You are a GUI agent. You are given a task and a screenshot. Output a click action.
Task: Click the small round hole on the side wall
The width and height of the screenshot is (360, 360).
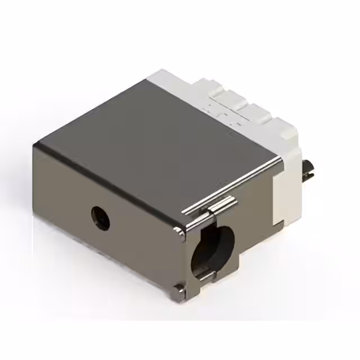tap(101, 217)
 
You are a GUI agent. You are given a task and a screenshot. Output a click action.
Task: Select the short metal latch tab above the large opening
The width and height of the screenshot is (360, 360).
tap(221, 206)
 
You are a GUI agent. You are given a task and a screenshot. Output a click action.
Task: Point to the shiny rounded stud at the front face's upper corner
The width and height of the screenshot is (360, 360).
tap(179, 232)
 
